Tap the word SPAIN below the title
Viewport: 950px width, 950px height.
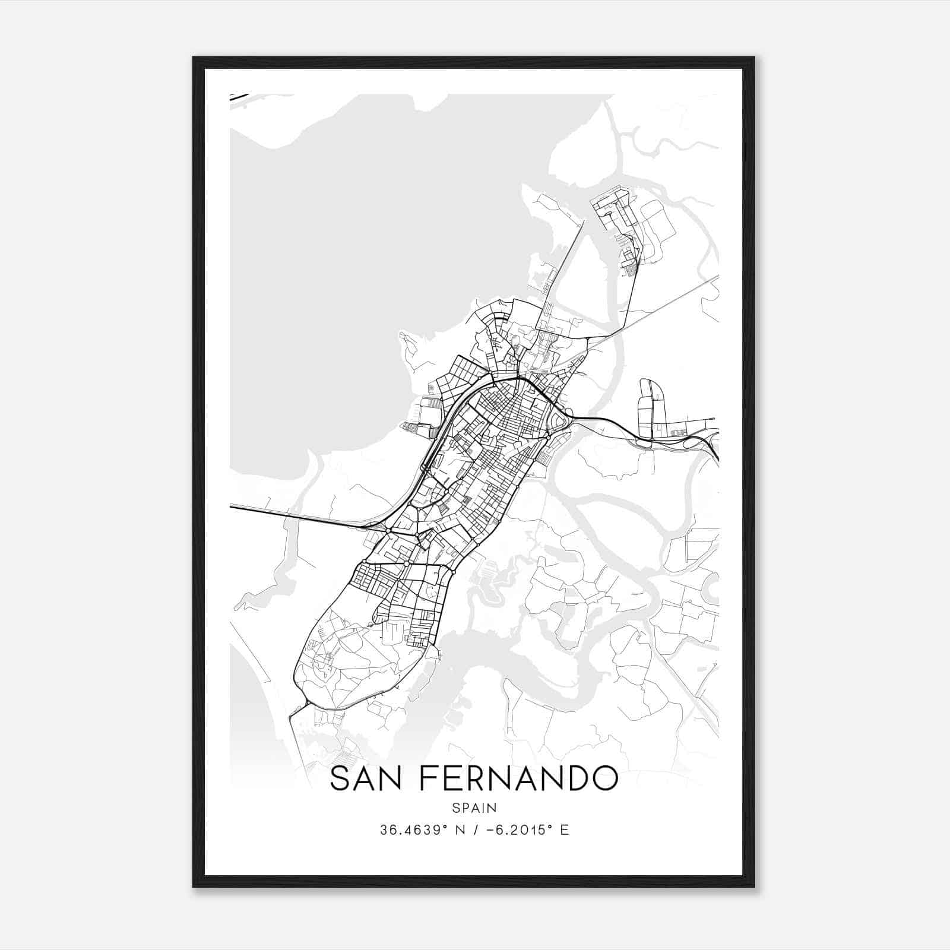(x=474, y=808)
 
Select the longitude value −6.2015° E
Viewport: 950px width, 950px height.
(x=527, y=830)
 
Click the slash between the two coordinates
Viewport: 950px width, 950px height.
(x=473, y=830)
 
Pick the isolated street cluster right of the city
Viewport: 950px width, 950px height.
(x=653, y=410)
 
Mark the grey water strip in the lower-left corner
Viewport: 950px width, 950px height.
(x=249, y=701)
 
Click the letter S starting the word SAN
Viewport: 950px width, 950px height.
(x=340, y=778)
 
